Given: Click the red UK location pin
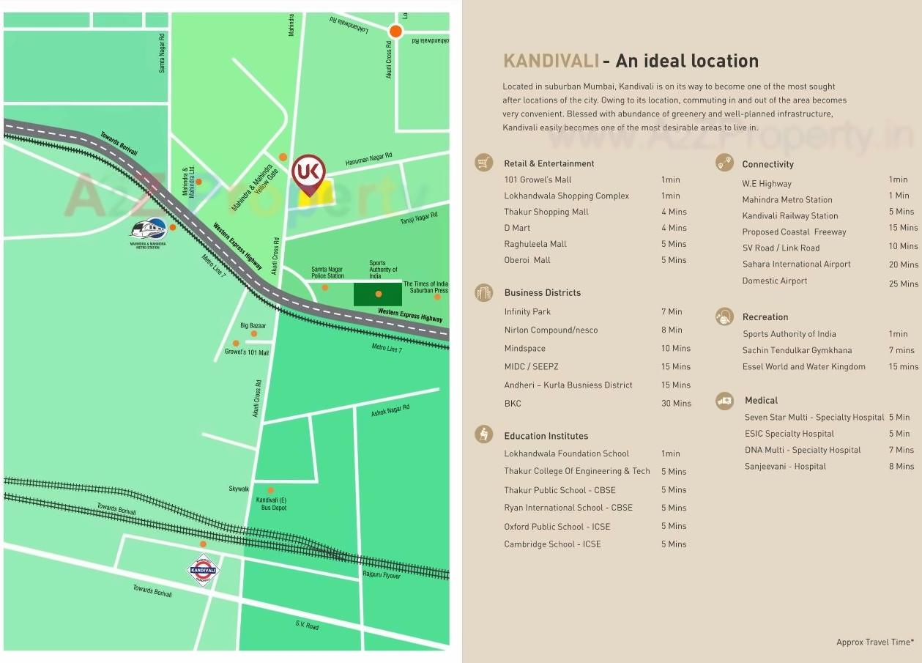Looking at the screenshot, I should point(308,173).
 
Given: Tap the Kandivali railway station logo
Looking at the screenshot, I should point(203,569).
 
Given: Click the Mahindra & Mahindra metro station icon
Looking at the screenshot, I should point(148,228).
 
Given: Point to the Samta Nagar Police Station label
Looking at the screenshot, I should point(327,273).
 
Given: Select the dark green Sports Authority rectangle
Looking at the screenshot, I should point(378,294).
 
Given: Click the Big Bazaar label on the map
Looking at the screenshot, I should point(253,325).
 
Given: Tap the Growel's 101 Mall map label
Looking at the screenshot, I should point(247,352).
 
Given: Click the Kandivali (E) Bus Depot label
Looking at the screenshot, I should point(271,504).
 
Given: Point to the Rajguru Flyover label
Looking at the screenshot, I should point(382,575).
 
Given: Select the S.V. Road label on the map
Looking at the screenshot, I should point(307,626).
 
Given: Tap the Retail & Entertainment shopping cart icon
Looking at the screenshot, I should point(483,163).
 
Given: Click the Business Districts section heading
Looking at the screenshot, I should point(542,292).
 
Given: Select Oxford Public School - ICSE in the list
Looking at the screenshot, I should point(557,526).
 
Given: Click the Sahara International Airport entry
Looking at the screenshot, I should point(796,264).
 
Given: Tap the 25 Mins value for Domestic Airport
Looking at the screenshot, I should point(903,284).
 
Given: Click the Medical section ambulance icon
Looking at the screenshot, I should point(724,400).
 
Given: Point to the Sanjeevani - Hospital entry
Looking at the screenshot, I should point(785,466).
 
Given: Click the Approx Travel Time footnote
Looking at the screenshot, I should point(874,642).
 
